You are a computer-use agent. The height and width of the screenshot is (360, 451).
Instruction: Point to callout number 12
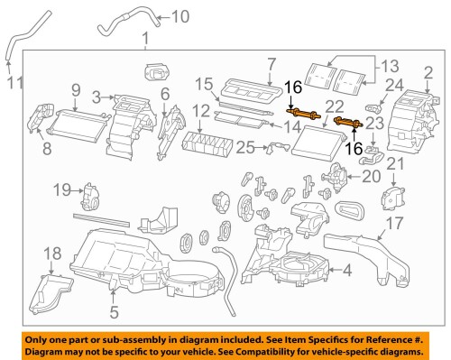201,112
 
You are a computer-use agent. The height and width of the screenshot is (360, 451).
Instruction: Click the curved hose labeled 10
140,15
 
